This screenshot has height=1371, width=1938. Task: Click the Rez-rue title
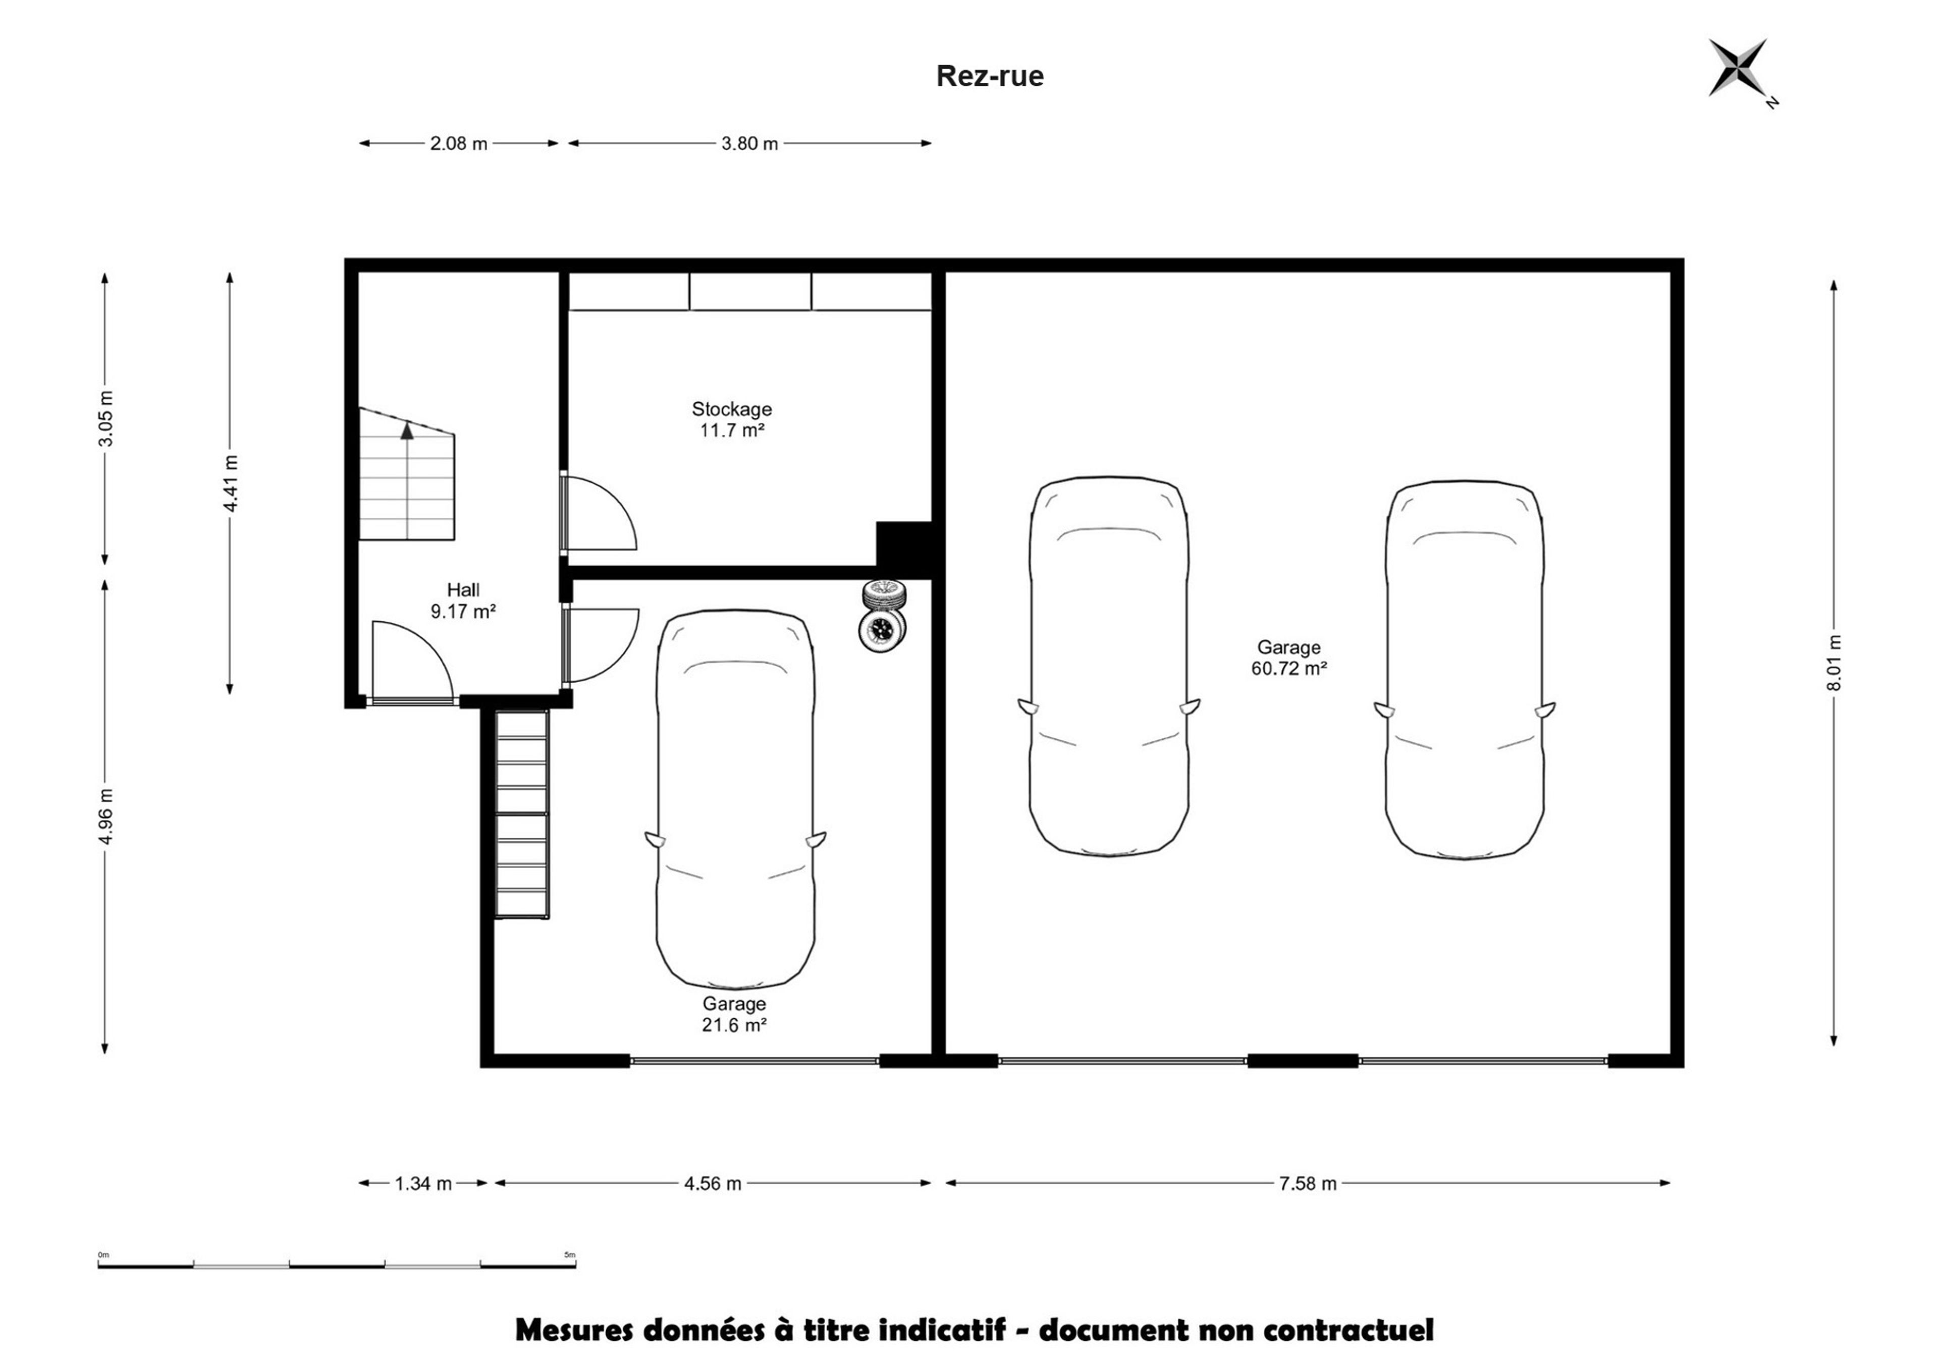point(990,76)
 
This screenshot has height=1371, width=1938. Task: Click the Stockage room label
point(731,419)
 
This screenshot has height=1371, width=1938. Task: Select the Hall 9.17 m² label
point(463,600)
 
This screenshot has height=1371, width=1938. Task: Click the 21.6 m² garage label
point(734,1014)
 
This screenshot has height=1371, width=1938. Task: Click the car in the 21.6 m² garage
point(735,799)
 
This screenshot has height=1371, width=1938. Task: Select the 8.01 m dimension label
point(1834,663)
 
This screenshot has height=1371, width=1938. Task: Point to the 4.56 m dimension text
point(713,1184)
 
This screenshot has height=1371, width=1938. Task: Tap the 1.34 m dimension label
point(423,1184)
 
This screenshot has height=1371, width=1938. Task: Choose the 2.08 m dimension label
point(459,143)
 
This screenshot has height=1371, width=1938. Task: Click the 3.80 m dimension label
point(749,143)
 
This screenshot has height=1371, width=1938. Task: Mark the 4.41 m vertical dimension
point(230,483)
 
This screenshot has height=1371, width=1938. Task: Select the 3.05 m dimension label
point(105,419)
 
